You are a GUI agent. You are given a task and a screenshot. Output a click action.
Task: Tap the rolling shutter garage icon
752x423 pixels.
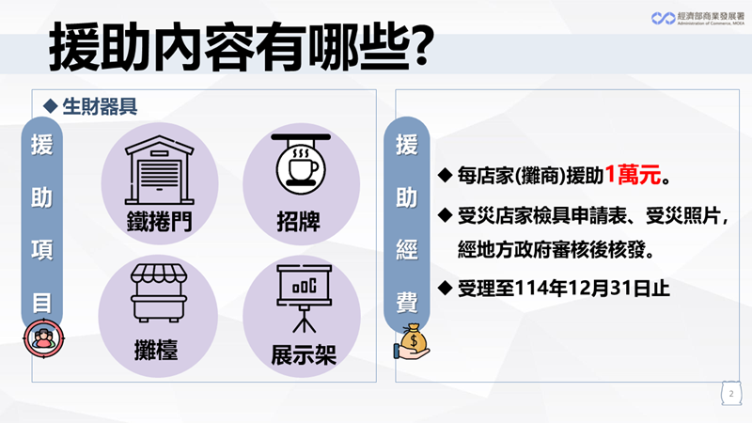(159, 170)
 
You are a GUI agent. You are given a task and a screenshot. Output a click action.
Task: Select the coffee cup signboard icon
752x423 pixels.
(301, 164)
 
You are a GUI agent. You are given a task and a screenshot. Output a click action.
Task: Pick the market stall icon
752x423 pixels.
(159, 293)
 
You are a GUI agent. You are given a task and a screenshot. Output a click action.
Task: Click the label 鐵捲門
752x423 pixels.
(159, 221)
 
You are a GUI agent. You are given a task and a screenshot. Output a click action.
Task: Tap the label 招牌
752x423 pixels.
(298, 222)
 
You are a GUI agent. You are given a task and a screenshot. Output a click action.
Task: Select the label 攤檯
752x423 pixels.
(156, 350)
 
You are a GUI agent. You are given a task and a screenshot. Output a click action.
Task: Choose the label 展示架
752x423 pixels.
(304, 355)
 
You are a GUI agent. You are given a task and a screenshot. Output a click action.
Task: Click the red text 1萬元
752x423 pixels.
(633, 175)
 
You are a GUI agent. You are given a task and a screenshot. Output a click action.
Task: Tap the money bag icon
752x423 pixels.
(412, 342)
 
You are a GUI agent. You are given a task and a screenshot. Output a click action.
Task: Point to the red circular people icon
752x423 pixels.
(43, 338)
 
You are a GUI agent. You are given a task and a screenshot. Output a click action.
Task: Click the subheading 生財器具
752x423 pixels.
(100, 106)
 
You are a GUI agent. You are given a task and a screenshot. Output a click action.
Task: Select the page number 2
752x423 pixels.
(731, 394)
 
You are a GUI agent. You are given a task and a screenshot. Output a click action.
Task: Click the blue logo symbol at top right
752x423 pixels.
(664, 18)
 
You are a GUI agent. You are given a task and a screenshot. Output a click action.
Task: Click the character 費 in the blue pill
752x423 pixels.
(407, 303)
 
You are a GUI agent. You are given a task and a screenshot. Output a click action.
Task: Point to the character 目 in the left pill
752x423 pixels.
(41, 303)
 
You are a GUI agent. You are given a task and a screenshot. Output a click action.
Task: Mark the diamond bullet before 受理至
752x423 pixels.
(445, 288)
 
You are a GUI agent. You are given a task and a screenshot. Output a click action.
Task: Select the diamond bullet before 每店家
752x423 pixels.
(445, 175)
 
